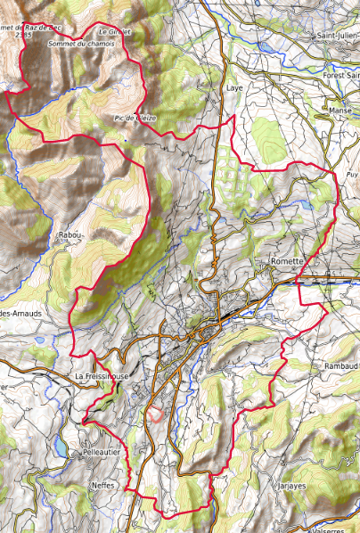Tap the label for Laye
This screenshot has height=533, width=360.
click(234, 90)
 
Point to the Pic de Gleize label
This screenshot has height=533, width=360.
click(135, 118)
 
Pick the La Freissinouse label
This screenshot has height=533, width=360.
click(102, 376)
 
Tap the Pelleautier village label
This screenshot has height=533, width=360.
click(96, 453)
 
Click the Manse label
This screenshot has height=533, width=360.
click(340, 111)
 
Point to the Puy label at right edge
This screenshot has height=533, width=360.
click(352, 175)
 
